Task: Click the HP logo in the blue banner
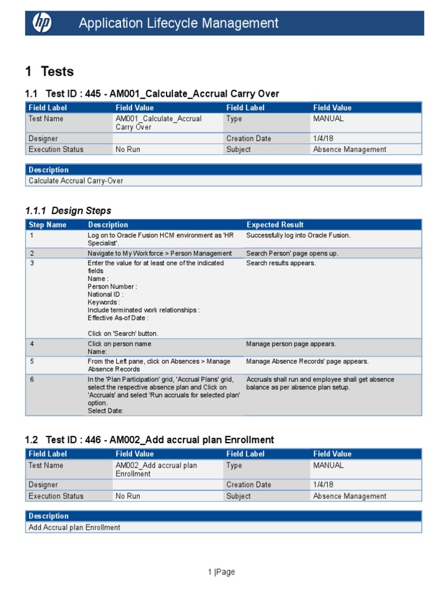42,23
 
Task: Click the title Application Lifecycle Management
179,23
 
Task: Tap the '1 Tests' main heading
49,72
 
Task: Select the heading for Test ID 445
152,94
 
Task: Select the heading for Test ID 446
150,440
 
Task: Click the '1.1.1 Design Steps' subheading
68,210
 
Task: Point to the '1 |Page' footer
221,572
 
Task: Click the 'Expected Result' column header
275,224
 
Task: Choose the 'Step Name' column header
48,224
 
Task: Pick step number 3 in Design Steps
32,263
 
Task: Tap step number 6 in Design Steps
32,380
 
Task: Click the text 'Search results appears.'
281,263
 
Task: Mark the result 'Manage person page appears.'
291,344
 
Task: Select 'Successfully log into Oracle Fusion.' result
298,236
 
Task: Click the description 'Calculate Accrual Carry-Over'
76,181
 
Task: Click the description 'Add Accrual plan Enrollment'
74,527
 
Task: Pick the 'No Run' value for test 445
128,149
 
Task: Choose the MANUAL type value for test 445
328,118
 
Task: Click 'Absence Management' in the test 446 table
349,496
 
